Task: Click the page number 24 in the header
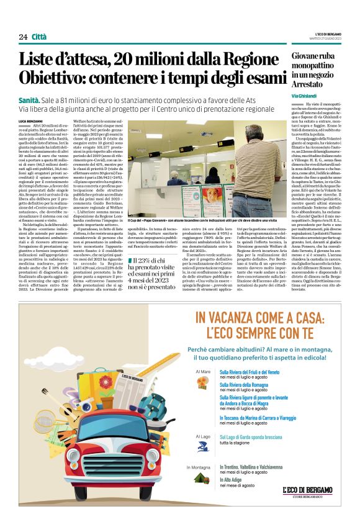(23, 37)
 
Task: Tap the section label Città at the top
(39, 37)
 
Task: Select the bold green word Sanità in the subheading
(30, 100)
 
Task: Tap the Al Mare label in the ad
(203, 372)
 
